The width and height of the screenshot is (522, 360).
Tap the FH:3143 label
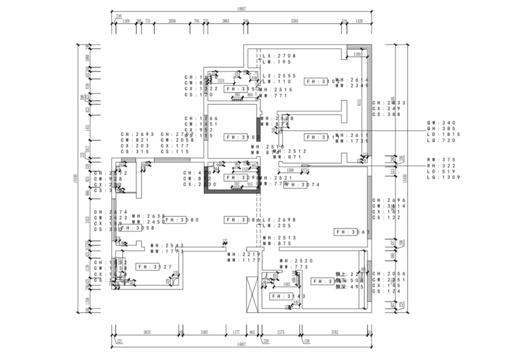click(x=285, y=296)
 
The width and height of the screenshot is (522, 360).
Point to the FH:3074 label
click(x=303, y=185)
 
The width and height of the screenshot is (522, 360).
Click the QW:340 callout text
click(x=442, y=123)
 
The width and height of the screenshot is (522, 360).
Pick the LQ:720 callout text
click(x=442, y=140)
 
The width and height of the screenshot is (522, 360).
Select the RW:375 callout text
click(x=442, y=160)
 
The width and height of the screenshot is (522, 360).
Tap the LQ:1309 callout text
click(x=444, y=177)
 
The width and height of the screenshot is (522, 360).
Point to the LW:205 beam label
click(x=277, y=226)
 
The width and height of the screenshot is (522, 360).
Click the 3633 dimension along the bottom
click(x=147, y=332)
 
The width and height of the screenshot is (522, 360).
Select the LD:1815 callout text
click(x=444, y=134)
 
